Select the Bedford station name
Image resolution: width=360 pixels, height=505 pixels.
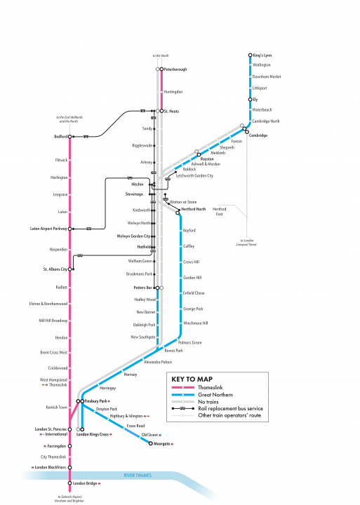pyautogui.click(x=61, y=136)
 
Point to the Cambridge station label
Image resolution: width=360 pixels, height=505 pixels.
pyautogui.click(x=258, y=135)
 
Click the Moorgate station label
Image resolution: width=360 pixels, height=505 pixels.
pyautogui.click(x=160, y=443)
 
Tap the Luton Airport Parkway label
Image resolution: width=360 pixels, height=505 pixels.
pyautogui.click(x=51, y=229)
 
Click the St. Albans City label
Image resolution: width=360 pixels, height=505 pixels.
pyautogui.click(x=55, y=269)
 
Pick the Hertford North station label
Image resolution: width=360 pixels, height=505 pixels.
pyautogui.click(x=193, y=210)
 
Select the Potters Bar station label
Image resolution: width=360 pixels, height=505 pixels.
pyautogui.click(x=143, y=288)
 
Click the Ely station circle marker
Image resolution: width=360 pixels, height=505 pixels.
pyautogui.click(x=251, y=100)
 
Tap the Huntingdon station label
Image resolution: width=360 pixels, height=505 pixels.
pyautogui.click(x=173, y=92)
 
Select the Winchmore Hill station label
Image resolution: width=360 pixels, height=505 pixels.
pyautogui.click(x=195, y=323)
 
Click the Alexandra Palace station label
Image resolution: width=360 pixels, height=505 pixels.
pyautogui.click(x=158, y=362)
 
